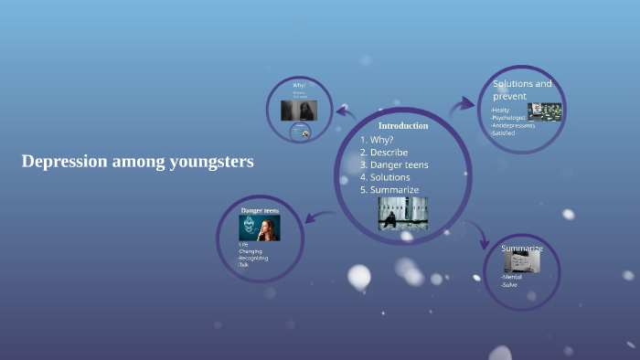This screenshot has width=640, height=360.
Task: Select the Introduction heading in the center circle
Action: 403,125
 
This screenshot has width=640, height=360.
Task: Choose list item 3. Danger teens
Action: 394,164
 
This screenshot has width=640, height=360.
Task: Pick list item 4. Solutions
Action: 384,176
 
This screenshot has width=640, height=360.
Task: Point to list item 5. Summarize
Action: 389,189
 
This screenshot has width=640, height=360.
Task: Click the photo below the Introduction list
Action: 402,213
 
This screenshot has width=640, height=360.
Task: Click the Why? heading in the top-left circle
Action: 299,85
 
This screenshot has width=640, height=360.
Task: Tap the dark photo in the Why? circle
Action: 299,111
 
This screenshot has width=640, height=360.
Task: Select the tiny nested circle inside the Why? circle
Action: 300,132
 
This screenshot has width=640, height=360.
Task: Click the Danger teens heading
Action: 260,211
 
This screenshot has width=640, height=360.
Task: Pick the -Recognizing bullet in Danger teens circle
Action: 253,259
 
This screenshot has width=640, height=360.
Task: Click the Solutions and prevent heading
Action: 522,90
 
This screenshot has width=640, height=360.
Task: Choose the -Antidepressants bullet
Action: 513,125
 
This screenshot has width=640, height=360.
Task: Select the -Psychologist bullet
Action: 509,118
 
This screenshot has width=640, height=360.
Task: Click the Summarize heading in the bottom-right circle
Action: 522,249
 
